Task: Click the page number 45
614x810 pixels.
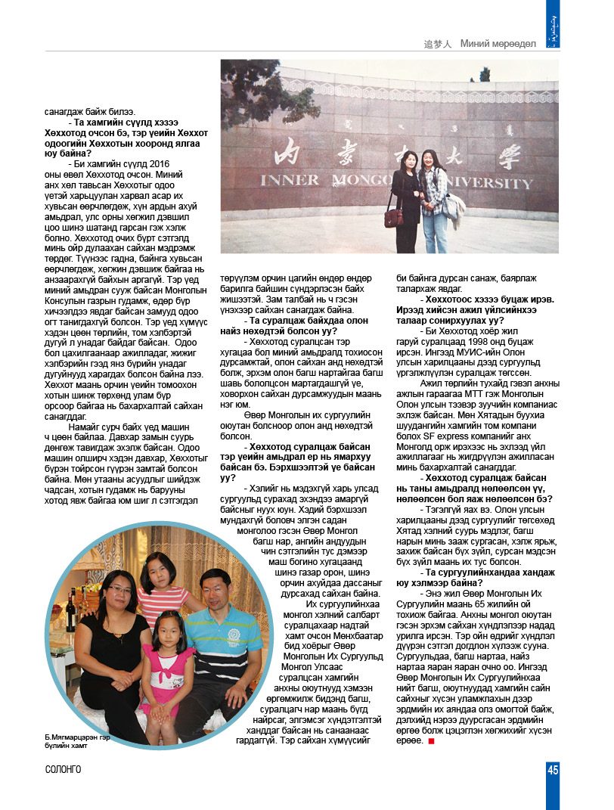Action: click(x=553, y=770)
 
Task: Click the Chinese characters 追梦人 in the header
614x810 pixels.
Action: click(x=438, y=44)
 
